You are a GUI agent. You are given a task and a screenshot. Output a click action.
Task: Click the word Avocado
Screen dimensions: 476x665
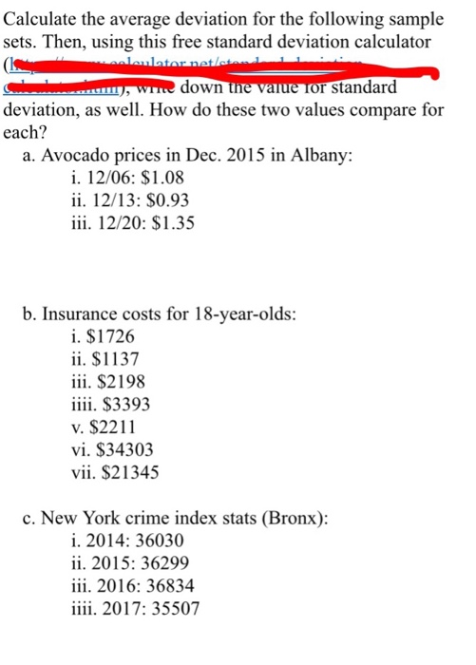pos(78,155)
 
